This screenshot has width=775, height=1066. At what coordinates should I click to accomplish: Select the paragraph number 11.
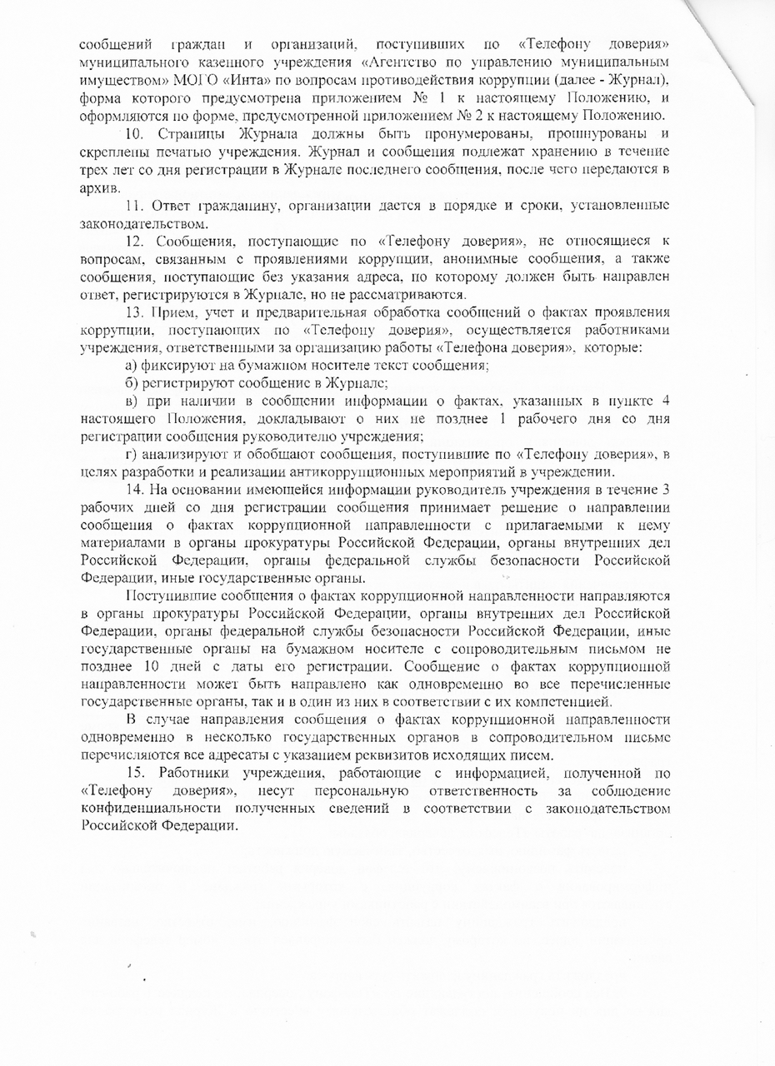(134, 206)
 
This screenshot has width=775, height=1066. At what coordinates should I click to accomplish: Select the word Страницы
(190, 135)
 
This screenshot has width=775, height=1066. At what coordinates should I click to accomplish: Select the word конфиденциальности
(140, 809)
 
